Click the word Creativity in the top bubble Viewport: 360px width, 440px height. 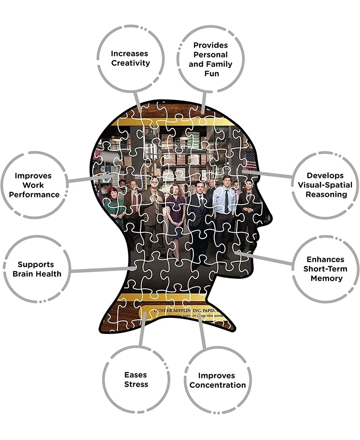(130, 63)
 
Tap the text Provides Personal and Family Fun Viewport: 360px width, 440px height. (211, 59)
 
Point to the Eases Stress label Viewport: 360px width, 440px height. (136, 380)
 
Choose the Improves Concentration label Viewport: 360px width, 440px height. (217, 381)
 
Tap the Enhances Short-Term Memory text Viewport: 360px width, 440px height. (325, 269)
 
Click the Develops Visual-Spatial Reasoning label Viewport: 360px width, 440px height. (325, 185)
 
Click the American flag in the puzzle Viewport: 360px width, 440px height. (251, 160)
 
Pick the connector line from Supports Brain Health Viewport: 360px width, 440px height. (101, 270)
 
